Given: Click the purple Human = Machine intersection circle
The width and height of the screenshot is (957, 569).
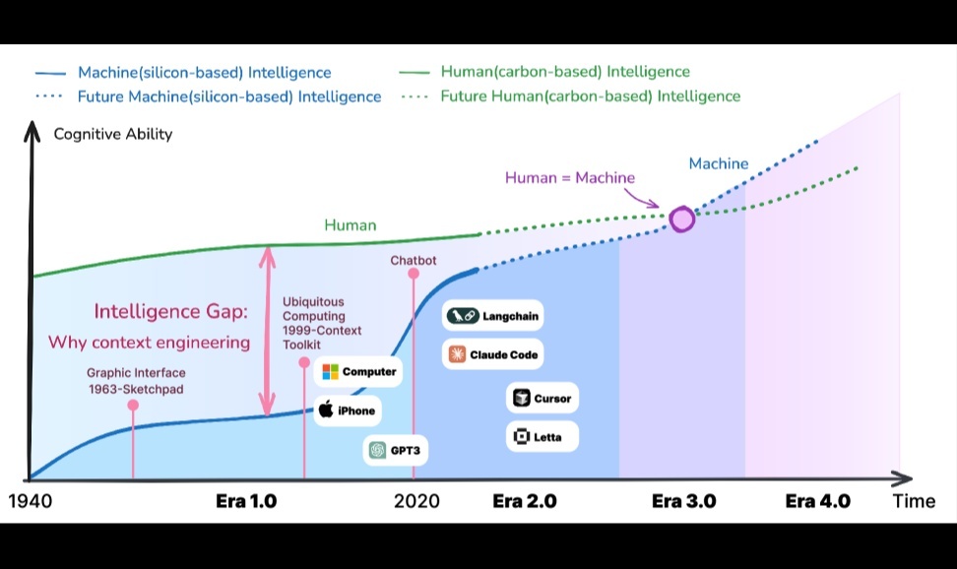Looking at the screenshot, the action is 681,219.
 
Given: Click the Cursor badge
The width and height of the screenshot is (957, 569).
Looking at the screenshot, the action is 542,399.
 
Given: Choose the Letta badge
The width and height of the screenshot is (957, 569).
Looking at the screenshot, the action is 542,436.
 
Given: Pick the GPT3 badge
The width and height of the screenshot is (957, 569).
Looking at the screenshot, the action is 395,450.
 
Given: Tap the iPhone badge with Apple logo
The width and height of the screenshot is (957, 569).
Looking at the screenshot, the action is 346,411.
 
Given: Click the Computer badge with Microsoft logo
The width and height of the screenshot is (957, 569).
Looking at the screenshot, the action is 359,372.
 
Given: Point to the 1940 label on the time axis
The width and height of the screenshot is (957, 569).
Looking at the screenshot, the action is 30,501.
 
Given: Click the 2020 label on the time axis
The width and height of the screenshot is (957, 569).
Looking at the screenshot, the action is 416,501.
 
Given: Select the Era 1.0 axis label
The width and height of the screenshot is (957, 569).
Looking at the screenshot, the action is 246,501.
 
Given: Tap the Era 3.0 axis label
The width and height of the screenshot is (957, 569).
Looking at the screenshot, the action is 683,501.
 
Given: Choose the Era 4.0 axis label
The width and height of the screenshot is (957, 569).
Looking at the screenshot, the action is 817,501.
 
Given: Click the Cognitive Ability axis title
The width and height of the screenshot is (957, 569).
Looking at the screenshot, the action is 112,134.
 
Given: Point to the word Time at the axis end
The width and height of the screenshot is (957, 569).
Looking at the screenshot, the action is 914,501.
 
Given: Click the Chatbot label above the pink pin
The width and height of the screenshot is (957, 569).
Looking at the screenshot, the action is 414,261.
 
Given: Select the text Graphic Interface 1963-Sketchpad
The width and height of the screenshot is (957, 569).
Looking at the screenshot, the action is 136,381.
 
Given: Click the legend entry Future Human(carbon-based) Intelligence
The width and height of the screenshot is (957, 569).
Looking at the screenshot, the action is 590,96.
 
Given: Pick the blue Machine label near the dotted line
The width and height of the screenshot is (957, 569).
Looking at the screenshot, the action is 719,163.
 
